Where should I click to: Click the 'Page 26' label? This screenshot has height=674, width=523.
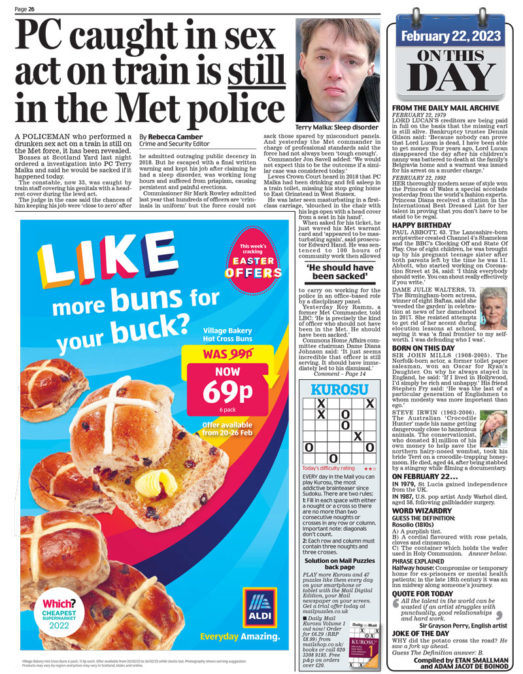tap(25, 8)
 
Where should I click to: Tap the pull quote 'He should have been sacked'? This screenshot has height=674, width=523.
tap(340, 272)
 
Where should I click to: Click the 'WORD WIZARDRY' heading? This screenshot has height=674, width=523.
tap(422, 509)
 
